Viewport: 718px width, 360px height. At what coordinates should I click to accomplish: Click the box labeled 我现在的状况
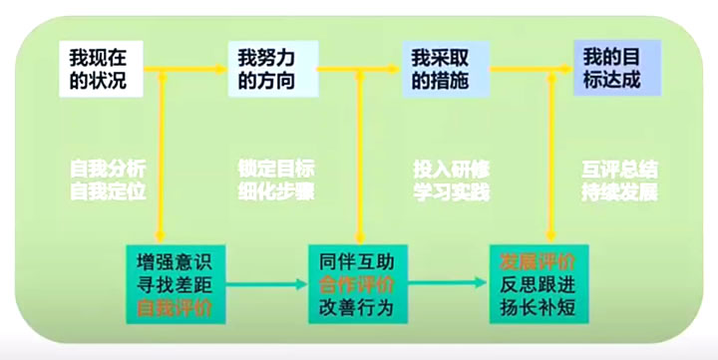point(101,67)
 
